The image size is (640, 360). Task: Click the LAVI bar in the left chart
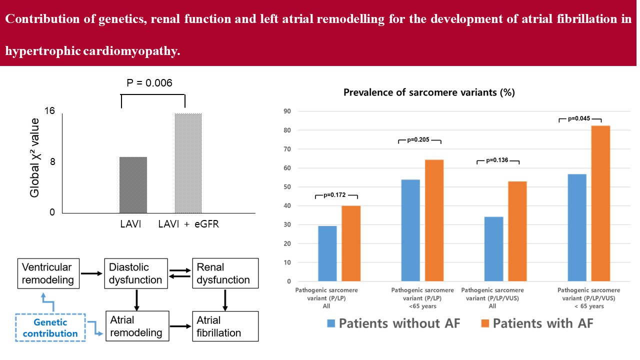pos(133,185)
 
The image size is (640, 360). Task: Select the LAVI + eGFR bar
pos(188,163)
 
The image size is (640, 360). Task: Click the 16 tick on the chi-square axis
pos(49,111)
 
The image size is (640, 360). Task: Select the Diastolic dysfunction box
pos(135,273)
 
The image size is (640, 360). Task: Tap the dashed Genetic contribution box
pos(50,328)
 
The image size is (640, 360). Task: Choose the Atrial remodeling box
pos(135,326)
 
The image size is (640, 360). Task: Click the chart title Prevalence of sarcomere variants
pos(429,92)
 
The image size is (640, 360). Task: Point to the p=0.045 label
pos(580,118)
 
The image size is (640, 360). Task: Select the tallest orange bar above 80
pos(600,203)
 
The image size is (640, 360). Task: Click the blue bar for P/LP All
pos(327,253)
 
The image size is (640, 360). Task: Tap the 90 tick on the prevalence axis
pos(287,111)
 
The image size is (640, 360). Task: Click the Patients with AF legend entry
pos(537,323)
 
